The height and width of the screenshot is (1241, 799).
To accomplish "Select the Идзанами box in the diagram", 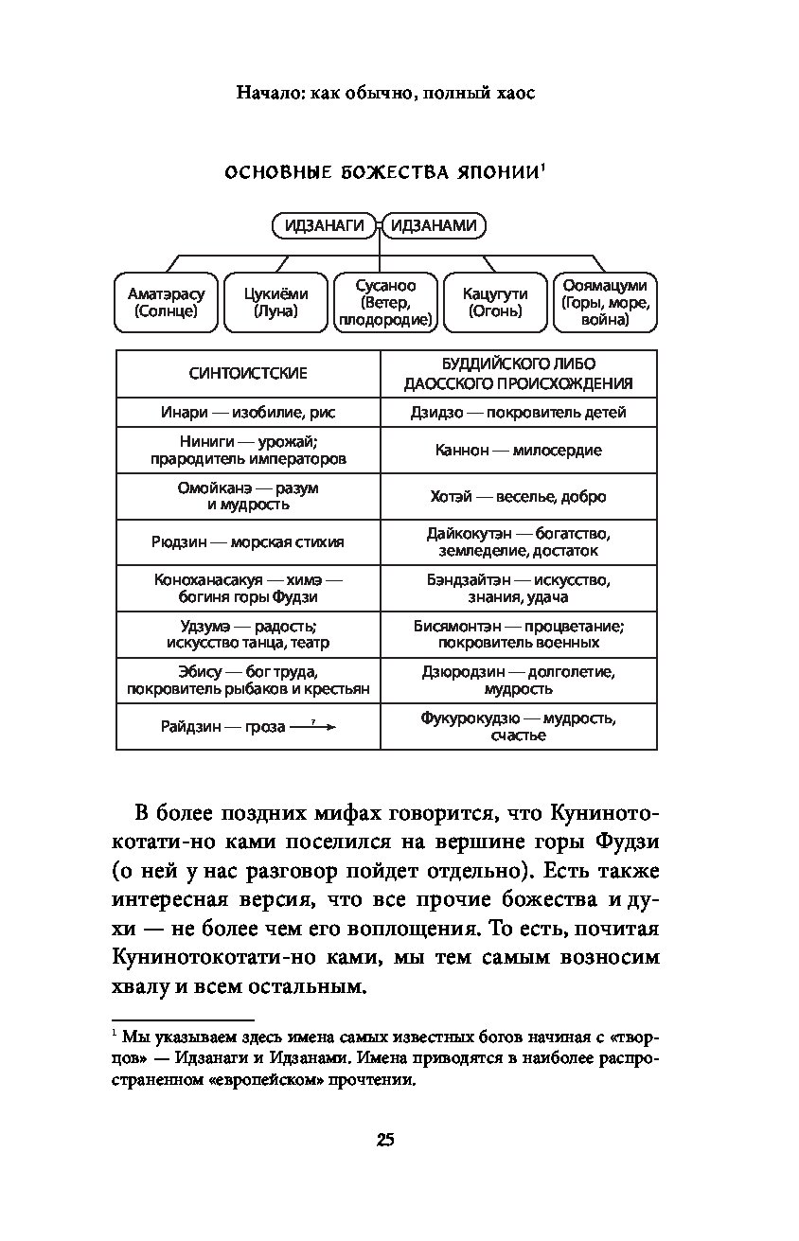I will (x=434, y=225).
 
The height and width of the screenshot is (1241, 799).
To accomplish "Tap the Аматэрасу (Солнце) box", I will (x=166, y=303).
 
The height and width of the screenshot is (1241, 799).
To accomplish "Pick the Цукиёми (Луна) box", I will (x=275, y=303).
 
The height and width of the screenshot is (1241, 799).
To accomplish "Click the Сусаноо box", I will (x=384, y=303).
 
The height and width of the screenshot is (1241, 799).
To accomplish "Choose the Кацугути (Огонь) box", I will (x=495, y=303).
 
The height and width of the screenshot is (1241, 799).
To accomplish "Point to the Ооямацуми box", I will (x=605, y=303).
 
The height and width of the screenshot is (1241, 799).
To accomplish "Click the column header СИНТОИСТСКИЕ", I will (x=248, y=374).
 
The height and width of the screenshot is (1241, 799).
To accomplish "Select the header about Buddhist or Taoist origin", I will (x=518, y=374).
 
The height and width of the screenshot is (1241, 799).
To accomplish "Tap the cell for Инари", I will (x=248, y=413).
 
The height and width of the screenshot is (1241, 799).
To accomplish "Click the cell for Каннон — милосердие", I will (x=518, y=451).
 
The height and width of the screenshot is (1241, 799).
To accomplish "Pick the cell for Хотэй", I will (x=518, y=497).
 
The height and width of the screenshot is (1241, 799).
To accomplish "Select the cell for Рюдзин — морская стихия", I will (x=248, y=542).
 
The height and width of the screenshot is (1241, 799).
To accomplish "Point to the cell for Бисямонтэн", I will (x=518, y=634).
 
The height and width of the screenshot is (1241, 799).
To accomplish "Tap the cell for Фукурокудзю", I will (x=518, y=726).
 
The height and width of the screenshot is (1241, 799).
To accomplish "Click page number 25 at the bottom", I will (x=384, y=1139).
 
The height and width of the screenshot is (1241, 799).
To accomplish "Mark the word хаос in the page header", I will (x=514, y=94).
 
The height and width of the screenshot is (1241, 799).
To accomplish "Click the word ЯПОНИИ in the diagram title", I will (x=496, y=173).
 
